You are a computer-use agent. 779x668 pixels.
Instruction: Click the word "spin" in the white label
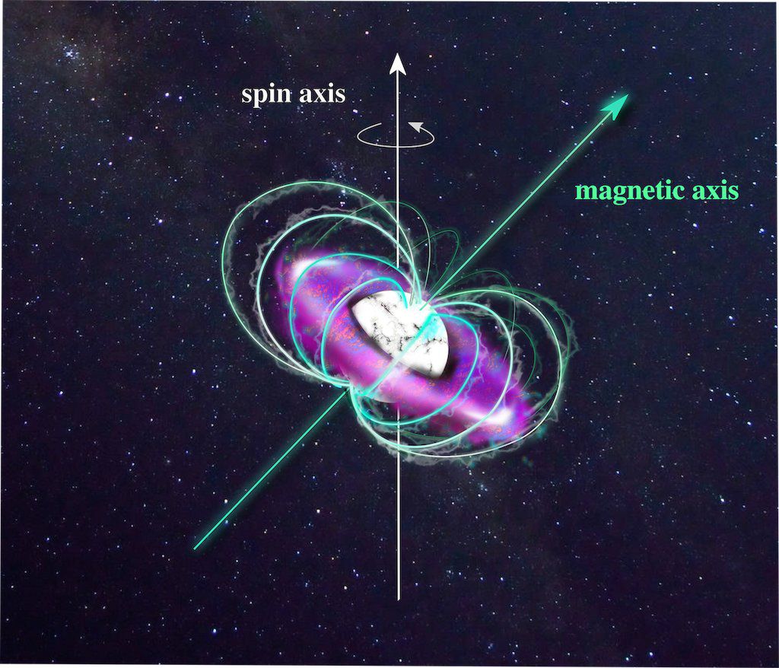click(x=267, y=95)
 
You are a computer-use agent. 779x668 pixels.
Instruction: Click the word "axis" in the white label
click(x=323, y=94)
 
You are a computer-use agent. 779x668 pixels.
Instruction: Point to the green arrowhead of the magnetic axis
click(x=616, y=105)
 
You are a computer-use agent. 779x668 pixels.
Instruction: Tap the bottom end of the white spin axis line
click(x=398, y=600)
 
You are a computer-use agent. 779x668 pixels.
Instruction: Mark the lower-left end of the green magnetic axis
click(x=195, y=549)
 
